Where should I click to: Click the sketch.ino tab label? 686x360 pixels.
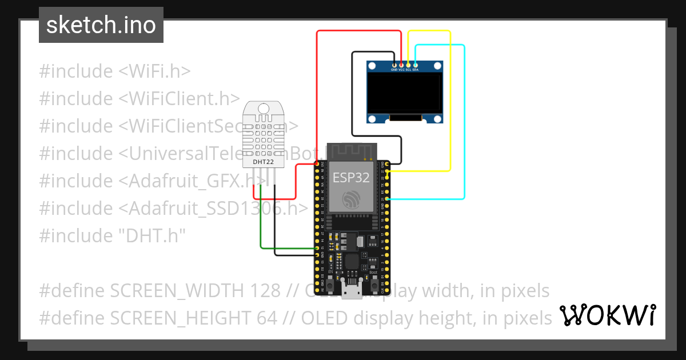click(101, 25)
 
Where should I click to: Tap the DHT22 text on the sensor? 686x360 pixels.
click(264, 162)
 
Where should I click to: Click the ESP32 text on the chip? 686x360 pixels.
click(351, 177)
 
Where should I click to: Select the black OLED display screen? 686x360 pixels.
click(405, 93)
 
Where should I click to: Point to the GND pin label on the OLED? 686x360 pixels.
click(394, 70)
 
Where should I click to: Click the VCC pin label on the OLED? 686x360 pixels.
click(402, 70)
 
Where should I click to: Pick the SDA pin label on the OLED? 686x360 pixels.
click(416, 70)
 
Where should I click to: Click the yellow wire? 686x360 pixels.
click(450, 103)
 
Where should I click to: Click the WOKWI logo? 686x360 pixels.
click(607, 315)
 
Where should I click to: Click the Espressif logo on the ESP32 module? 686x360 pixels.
click(351, 199)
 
